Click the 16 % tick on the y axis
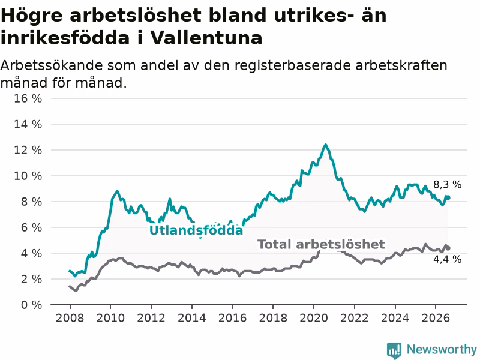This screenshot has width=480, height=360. pos(28,98)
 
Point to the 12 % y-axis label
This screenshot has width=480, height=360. pos(28,151)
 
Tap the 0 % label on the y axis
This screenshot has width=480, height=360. pos(31,305)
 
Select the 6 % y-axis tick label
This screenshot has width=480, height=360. pos(31,227)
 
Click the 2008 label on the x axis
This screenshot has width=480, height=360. pos(70,318)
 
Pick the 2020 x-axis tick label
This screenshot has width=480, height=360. pos(313,318)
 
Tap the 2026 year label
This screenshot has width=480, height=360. pos(436,318)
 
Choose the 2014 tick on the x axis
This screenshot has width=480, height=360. pos(191,318)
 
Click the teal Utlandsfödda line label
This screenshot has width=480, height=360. pos(196,230)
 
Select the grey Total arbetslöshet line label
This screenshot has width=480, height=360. pos(321,244)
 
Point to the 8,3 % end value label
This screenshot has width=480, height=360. pos(447,185)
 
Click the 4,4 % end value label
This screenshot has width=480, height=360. pos(447,259)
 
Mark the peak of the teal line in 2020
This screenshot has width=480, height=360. pos(325,145)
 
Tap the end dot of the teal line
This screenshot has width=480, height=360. pos(448,198)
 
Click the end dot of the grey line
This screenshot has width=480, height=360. pos(448,248)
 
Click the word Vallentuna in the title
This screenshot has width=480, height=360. pos(206,38)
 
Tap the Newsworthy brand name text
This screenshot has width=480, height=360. pos(442,349)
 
